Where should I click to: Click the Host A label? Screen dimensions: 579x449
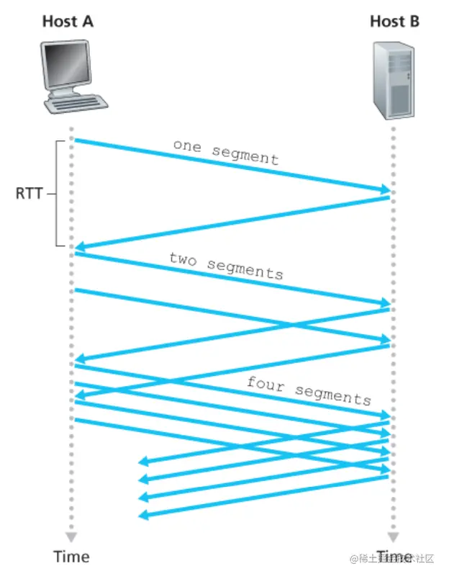click(68, 21)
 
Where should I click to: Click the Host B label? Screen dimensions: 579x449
click(394, 21)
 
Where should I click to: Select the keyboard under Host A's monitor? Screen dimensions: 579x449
click(75, 102)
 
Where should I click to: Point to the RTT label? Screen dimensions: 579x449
click(30, 194)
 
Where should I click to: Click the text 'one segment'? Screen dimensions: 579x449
click(225, 151)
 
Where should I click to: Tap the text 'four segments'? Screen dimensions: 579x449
click(309, 390)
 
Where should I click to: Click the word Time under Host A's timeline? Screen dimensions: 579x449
click(72, 557)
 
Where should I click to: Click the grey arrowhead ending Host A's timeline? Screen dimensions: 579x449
click(71, 537)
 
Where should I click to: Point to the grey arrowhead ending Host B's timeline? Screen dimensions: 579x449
click(393, 537)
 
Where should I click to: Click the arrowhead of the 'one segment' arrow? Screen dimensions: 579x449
click(385, 189)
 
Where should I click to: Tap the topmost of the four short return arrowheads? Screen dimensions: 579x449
click(142, 461)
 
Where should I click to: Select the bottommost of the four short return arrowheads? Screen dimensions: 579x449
click(142, 514)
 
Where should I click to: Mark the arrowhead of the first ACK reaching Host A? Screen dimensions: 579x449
click(80, 248)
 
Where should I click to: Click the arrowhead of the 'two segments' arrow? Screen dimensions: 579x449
click(385, 303)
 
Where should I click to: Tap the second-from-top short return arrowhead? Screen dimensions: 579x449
click(142, 479)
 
